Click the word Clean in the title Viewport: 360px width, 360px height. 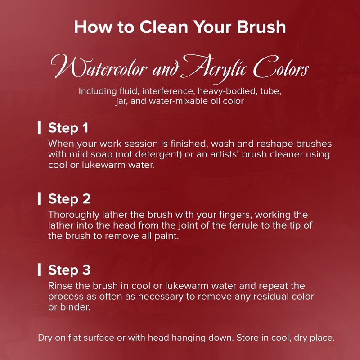163,27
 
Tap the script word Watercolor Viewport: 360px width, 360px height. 99,67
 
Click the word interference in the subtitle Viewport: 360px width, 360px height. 167,91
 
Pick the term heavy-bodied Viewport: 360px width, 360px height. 227,92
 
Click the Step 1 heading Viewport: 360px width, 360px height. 68,128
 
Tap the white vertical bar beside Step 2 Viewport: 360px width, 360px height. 40,199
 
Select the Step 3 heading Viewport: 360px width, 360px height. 69,270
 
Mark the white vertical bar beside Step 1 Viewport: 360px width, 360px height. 40,128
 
